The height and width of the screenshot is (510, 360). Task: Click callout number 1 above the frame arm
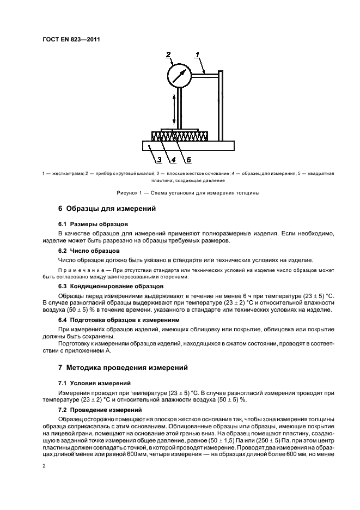tap(198, 54)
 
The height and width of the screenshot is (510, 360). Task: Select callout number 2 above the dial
tap(169, 54)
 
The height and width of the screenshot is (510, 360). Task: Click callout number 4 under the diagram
tap(173, 160)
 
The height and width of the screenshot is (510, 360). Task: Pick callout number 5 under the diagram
tap(188, 160)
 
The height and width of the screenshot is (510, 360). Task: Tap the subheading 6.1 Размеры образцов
tap(93, 224)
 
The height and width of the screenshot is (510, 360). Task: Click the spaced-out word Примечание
tap(81, 270)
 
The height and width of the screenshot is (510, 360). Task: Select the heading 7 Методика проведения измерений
tap(123, 368)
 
